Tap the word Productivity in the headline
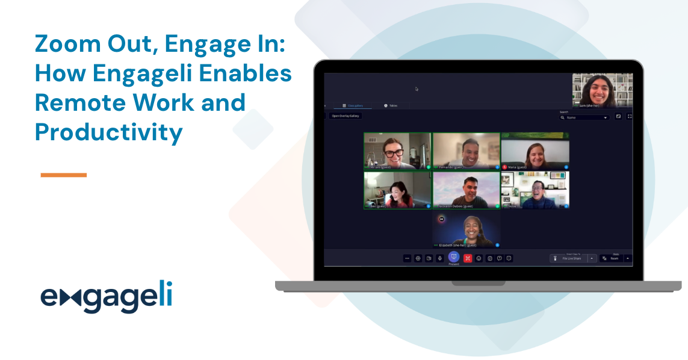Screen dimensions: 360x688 pyautogui.click(x=108, y=132)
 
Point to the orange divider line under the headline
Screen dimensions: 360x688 pyautogui.click(x=63, y=175)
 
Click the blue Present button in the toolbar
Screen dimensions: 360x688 pyautogui.click(x=454, y=257)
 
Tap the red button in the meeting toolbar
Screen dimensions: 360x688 pyautogui.click(x=468, y=258)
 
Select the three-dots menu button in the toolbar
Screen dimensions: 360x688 pyautogui.click(x=407, y=258)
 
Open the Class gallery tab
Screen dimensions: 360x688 pyautogui.click(x=353, y=105)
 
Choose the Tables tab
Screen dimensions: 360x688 pyautogui.click(x=391, y=105)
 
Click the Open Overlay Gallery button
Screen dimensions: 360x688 pyautogui.click(x=345, y=116)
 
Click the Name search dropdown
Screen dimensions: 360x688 pyautogui.click(x=584, y=117)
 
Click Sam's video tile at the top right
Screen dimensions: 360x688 pyautogui.click(x=602, y=90)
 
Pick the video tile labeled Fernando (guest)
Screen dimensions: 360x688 pyautogui.click(x=466, y=151)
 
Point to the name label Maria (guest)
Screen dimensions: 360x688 pyautogui.click(x=517, y=167)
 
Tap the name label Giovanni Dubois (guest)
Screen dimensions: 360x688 pyautogui.click(x=456, y=206)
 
